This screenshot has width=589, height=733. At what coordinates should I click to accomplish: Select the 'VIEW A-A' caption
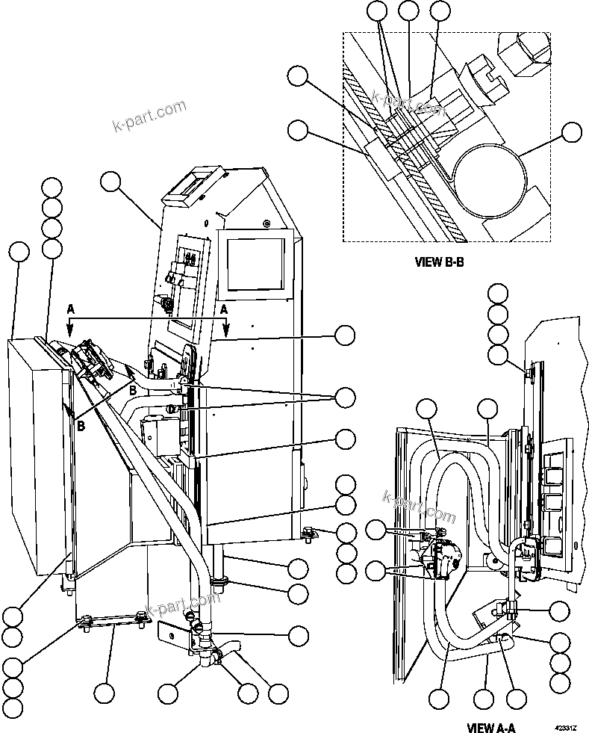[x=491, y=726]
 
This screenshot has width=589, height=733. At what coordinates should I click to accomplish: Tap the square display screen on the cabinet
[x=256, y=265]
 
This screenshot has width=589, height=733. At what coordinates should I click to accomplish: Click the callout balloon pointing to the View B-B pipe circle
[x=571, y=132]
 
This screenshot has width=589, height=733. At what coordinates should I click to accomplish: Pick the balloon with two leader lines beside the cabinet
[x=344, y=398]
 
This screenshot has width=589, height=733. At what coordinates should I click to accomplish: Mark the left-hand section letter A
[x=70, y=309]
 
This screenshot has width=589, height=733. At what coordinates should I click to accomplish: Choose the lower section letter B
[x=80, y=424]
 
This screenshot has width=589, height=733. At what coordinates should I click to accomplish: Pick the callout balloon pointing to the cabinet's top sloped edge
[x=111, y=182]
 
